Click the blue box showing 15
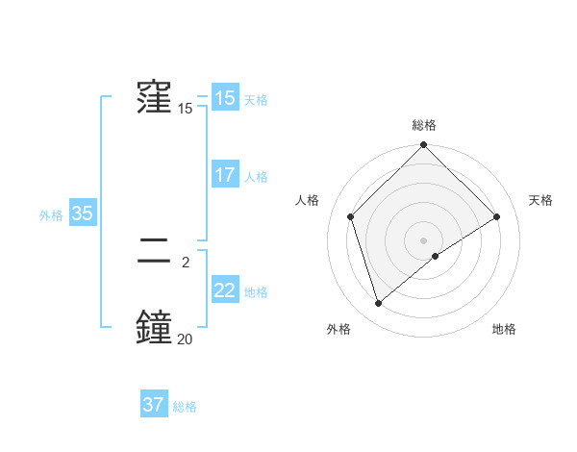[x=225, y=98]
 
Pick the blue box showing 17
[x=225, y=175]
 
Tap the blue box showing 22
[x=225, y=290]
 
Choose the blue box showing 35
[x=83, y=213]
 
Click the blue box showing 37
[x=154, y=405]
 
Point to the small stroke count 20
[x=185, y=338]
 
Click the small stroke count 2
[x=185, y=262]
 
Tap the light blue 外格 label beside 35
[x=51, y=215]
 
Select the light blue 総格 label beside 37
[x=185, y=407]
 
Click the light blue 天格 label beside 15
[x=256, y=100]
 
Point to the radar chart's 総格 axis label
[x=423, y=125]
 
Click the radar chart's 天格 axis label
[x=541, y=200]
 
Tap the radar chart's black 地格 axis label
[x=504, y=329]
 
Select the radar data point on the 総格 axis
[x=423, y=145]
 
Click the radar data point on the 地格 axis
[x=436, y=256]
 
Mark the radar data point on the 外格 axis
[x=378, y=304]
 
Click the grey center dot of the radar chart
[x=423, y=239]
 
